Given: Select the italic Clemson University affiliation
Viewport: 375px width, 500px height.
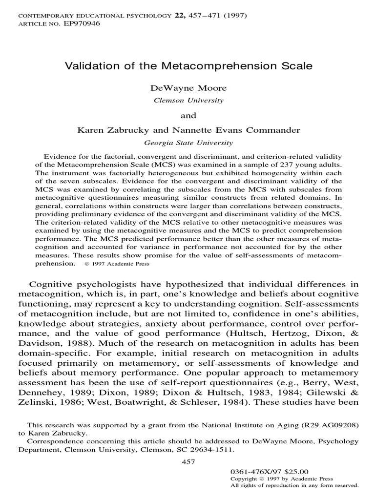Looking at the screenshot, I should [187, 101].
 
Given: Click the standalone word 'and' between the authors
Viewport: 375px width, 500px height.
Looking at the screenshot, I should [187, 116].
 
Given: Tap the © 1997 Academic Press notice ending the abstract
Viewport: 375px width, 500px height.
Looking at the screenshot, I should [117, 264].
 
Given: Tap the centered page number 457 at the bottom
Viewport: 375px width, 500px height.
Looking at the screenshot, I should [187, 462].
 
